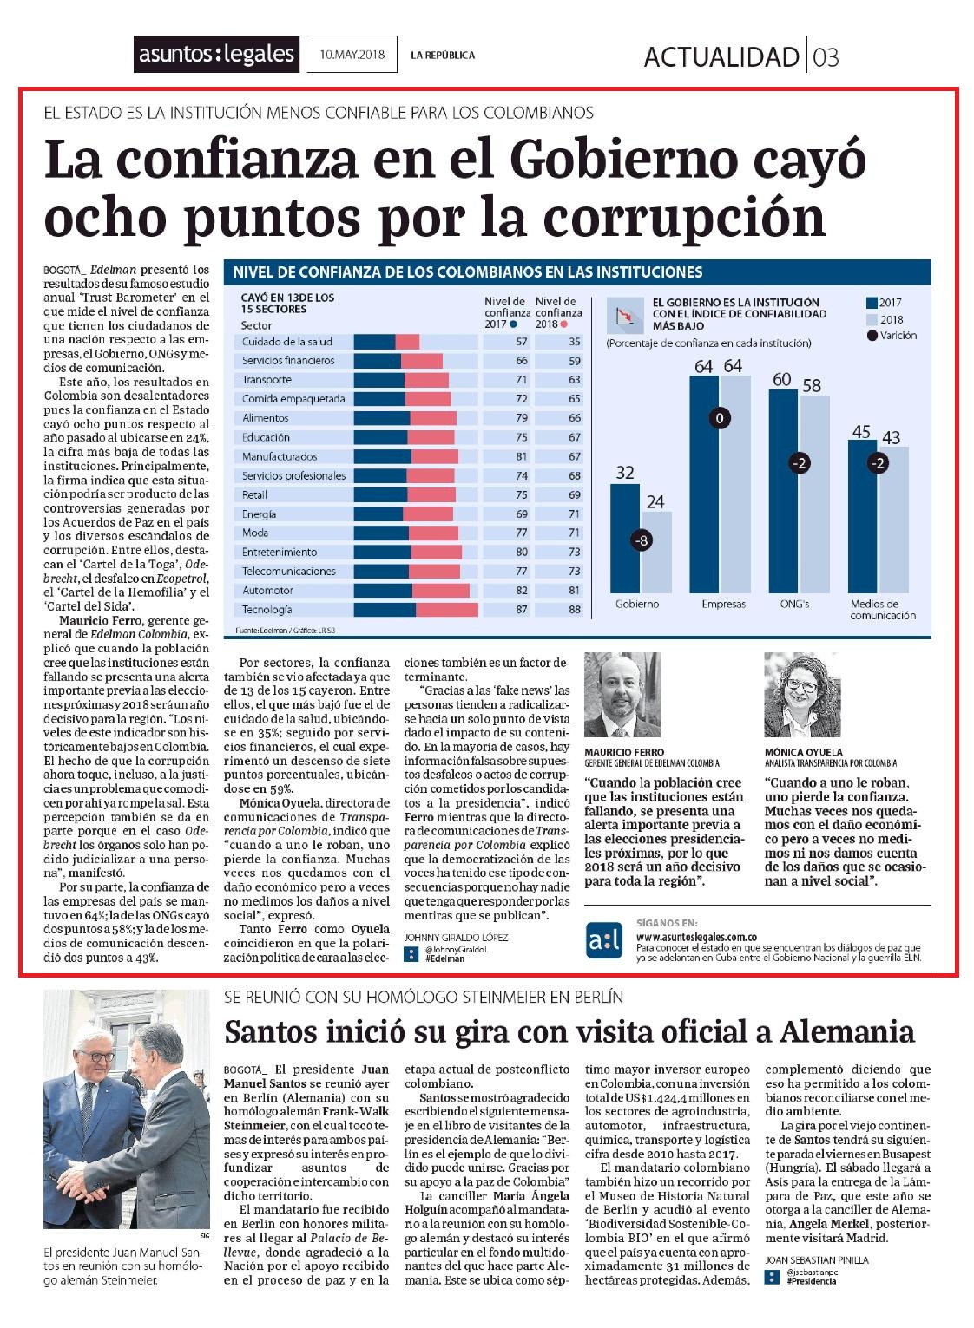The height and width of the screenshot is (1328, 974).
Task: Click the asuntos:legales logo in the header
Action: click(x=216, y=55)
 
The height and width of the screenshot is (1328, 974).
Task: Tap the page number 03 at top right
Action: click(x=826, y=57)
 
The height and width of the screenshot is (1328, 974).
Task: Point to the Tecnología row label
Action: click(x=267, y=610)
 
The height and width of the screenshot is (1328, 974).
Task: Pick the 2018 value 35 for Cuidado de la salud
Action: click(x=574, y=342)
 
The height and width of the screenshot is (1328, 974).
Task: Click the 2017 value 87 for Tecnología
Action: click(x=522, y=610)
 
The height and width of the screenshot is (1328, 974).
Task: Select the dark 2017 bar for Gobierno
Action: click(x=625, y=539)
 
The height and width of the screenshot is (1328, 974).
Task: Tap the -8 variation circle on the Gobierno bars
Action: click(x=641, y=540)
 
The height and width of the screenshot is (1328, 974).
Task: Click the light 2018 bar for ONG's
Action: click(x=814, y=494)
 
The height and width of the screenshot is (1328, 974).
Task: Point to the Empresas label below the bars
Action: click(x=723, y=604)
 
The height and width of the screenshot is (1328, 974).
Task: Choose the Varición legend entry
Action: click(x=892, y=336)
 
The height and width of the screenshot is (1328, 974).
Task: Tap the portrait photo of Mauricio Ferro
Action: click(x=622, y=694)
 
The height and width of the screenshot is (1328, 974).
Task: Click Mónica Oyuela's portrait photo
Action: click(x=802, y=694)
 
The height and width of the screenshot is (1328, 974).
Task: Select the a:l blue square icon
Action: click(x=604, y=940)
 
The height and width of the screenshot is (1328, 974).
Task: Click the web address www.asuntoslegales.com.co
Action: click(x=696, y=938)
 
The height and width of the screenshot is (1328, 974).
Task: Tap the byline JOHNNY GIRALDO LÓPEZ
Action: click(x=456, y=938)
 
